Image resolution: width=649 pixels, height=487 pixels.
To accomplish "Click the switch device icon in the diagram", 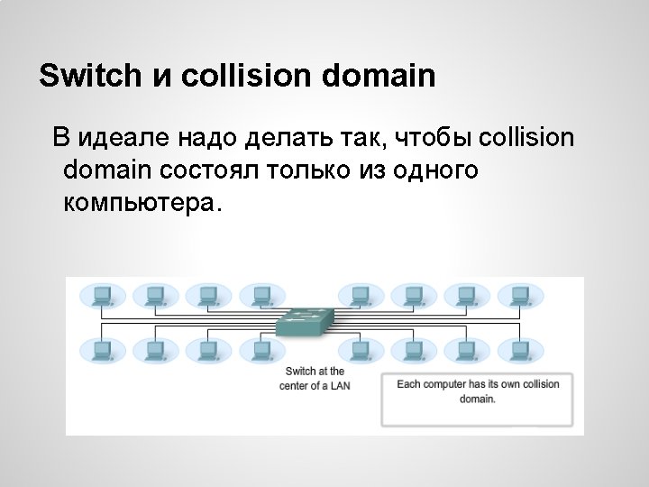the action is (306, 322).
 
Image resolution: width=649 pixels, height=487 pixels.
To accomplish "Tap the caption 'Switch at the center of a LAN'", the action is (315, 378).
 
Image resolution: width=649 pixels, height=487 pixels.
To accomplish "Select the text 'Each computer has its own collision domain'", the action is (478, 391).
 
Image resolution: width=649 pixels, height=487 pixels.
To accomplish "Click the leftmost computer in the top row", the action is (100, 295).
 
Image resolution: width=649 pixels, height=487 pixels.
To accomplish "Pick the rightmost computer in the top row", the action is (514, 295).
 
